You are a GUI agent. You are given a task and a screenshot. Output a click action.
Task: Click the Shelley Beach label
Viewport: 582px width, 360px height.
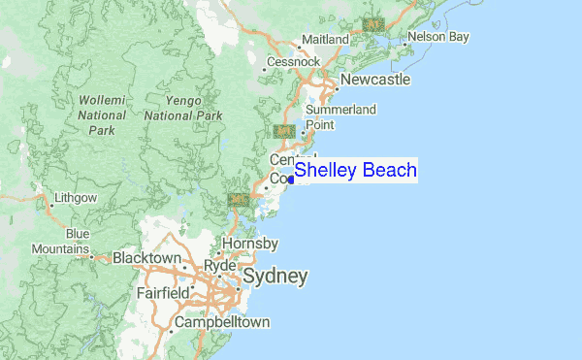pyautogui.click(x=355, y=171)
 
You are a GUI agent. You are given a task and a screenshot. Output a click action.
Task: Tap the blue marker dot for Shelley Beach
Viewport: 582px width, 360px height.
pyautogui.click(x=291, y=179)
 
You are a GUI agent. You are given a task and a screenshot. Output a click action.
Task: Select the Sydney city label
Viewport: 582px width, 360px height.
pyautogui.click(x=275, y=278)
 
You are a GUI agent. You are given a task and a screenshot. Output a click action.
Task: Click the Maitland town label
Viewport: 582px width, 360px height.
pyautogui.click(x=325, y=39)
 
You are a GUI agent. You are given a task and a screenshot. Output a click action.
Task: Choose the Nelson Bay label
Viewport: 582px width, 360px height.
pyautogui.click(x=438, y=37)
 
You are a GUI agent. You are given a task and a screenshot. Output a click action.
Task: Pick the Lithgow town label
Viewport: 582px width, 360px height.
pyautogui.click(x=78, y=198)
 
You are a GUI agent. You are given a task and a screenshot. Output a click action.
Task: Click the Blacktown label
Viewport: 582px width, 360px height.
pyautogui.click(x=147, y=258)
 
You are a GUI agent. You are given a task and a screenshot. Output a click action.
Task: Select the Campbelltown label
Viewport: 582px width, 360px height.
pyautogui.click(x=221, y=322)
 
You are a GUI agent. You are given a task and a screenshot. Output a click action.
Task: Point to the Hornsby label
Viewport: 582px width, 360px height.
pyautogui.click(x=250, y=243)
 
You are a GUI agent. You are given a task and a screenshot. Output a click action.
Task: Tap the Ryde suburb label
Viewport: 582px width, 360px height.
pyautogui.click(x=221, y=265)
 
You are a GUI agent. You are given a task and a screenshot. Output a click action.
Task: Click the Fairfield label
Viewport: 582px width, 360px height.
pyautogui.click(x=163, y=292)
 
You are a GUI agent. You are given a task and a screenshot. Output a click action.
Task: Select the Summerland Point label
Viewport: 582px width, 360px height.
pyautogui.click(x=340, y=117)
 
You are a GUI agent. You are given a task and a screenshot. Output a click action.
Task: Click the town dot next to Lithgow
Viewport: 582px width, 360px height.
pyautogui.click(x=49, y=205)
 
